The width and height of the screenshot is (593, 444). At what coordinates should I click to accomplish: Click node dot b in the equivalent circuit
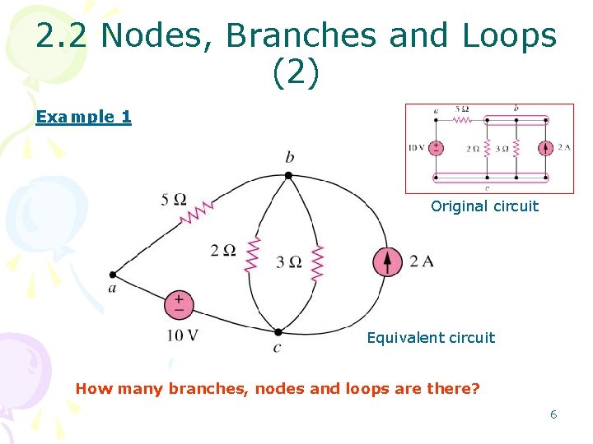pyautogui.click(x=288, y=174)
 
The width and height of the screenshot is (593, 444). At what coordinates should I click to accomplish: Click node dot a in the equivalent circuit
pyautogui.click(x=113, y=275)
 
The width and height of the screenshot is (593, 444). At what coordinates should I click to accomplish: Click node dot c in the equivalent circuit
pyautogui.click(x=278, y=332)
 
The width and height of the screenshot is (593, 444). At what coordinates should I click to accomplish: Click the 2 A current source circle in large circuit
pyautogui.click(x=388, y=261)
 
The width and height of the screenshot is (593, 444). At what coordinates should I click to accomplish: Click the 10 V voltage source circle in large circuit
pyautogui.click(x=178, y=305)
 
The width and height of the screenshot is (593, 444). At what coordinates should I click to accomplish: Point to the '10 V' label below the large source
pyautogui.click(x=182, y=335)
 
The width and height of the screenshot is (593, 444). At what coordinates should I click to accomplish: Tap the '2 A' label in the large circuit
pyautogui.click(x=421, y=261)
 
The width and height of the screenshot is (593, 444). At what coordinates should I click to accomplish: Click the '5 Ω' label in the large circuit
pyautogui.click(x=174, y=200)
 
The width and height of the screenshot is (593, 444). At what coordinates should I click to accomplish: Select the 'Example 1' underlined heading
pyautogui.click(x=83, y=117)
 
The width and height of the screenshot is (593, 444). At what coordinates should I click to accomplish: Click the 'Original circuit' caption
pyautogui.click(x=484, y=206)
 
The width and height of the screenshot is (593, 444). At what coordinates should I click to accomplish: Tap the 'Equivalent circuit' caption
pyautogui.click(x=431, y=338)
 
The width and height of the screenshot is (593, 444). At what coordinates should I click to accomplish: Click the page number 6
pyautogui.click(x=553, y=414)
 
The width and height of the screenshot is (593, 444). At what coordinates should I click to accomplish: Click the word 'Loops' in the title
pyautogui.click(x=510, y=36)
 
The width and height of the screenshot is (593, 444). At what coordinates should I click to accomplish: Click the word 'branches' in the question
pyautogui.click(x=201, y=388)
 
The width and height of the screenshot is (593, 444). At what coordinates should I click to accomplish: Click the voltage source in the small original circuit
pyautogui.click(x=435, y=148)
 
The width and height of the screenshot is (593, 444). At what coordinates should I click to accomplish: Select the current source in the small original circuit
pyautogui.click(x=545, y=148)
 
